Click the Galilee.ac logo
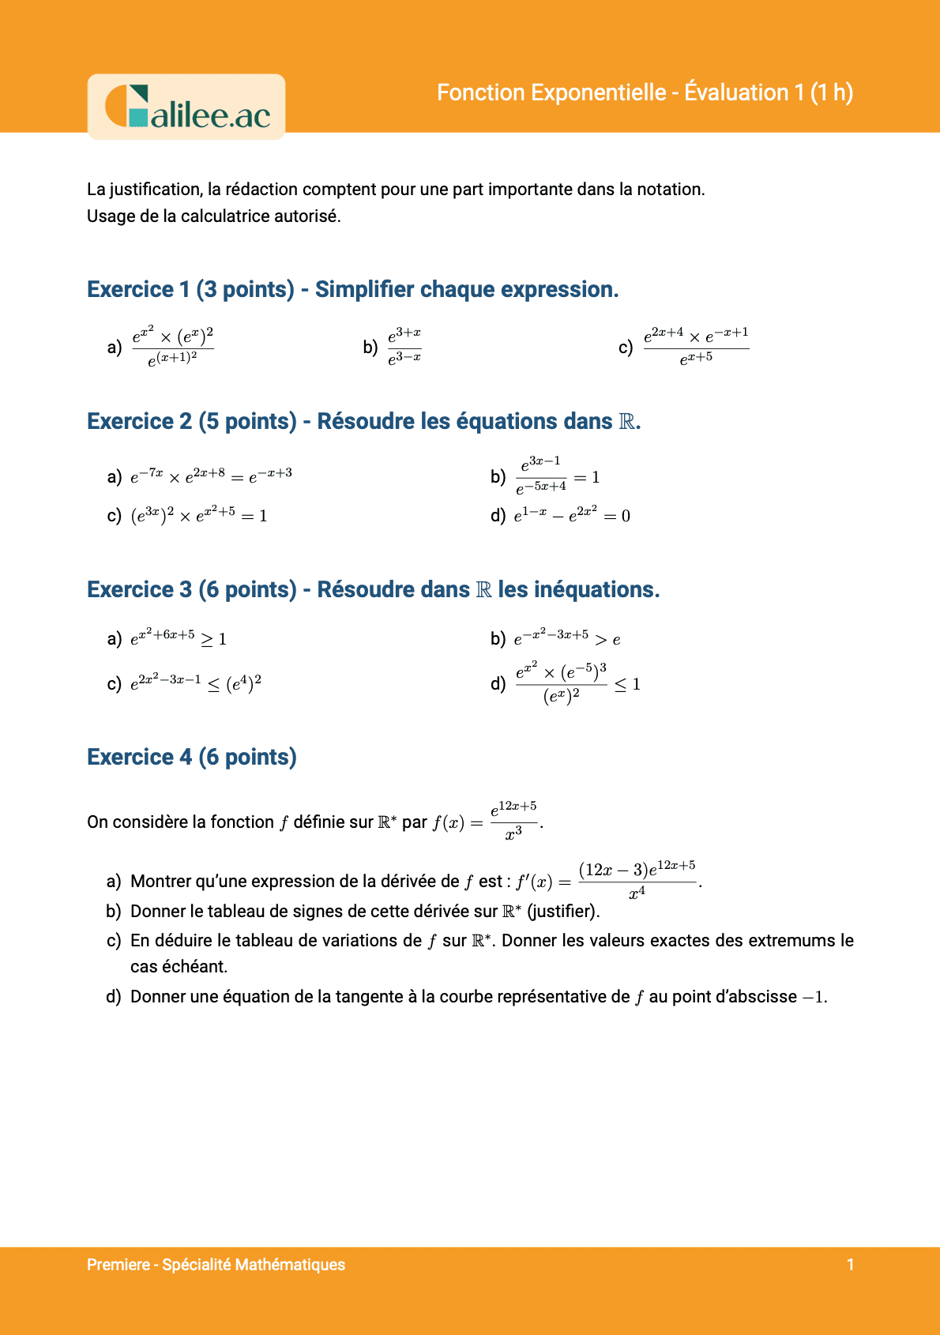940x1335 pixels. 186,107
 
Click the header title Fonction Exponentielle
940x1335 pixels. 645,92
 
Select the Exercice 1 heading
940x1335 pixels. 352,289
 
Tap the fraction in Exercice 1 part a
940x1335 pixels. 172,347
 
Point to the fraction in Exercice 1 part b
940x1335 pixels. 404,347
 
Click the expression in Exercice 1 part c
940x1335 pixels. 696,347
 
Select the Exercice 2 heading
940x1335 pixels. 363,421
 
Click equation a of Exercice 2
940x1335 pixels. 211,476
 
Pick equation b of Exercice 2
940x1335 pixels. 558,476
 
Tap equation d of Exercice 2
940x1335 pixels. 572,516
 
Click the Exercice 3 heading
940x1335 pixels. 373,589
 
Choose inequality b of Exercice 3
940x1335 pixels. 566,638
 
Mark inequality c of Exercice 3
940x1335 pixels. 195,683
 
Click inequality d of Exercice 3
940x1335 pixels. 577,683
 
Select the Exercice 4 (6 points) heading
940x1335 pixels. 192,757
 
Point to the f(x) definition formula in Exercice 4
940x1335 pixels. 487,822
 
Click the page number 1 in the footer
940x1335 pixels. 850,1265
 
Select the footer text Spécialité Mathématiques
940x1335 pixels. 254,1265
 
